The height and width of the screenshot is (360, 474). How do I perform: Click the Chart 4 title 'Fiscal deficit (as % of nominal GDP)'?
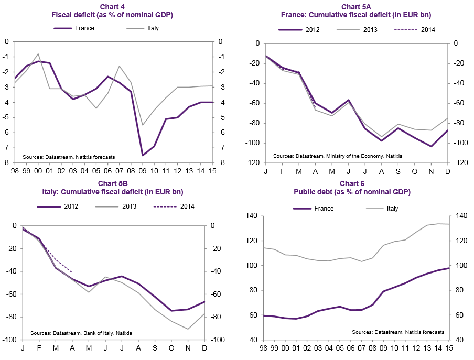(x=112, y=15)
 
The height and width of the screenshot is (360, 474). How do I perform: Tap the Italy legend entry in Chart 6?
(x=392, y=209)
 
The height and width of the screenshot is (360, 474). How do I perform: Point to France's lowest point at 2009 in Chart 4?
(x=142, y=155)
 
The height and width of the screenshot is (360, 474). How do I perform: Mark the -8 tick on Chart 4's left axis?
(x=7, y=163)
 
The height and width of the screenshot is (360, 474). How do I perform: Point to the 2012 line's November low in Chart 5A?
(x=431, y=146)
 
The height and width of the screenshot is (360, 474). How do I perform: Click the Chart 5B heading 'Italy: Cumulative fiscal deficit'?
(x=112, y=192)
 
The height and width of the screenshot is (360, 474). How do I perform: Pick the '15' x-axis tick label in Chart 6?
(x=449, y=348)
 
